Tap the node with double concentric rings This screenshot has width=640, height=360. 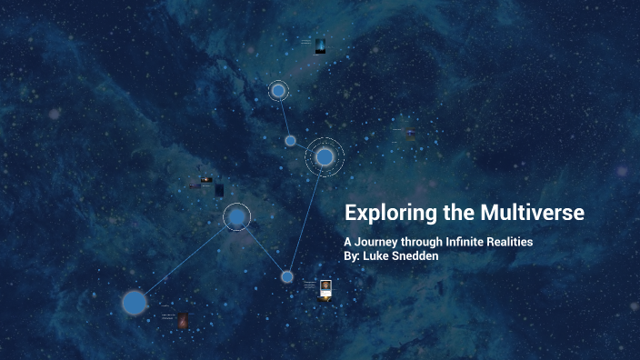(325, 157)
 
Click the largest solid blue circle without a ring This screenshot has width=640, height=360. (135, 302)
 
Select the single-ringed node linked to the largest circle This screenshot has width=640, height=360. (236, 217)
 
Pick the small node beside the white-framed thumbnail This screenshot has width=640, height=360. (287, 276)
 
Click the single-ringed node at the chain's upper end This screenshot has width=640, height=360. (278, 91)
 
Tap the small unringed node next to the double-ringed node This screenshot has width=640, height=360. (291, 141)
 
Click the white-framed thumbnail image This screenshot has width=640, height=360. (325, 288)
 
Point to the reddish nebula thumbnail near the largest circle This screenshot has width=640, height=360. (183, 320)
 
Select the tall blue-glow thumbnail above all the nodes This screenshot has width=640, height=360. (320, 45)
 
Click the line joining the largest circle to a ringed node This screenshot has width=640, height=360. (185, 260)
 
